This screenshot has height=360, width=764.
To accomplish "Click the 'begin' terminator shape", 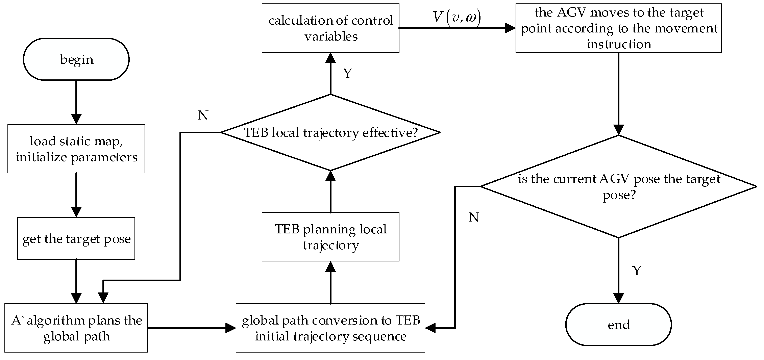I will pyautogui.click(x=76, y=59).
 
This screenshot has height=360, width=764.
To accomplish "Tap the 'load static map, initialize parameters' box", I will pyautogui.click(x=76, y=149).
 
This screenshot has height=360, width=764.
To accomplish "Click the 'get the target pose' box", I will pyautogui.click(x=76, y=238).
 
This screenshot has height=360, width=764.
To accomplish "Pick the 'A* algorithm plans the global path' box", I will pyautogui.click(x=76, y=328).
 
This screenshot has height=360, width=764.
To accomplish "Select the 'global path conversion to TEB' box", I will pyautogui.click(x=330, y=328).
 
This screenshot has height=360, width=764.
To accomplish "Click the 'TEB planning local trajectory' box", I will pyautogui.click(x=330, y=237).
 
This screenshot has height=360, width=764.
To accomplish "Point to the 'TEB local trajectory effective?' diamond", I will pyautogui.click(x=330, y=133).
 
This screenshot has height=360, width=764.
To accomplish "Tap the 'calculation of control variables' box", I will pyautogui.click(x=330, y=28).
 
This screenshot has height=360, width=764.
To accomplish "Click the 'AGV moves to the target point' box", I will pyautogui.click(x=618, y=28).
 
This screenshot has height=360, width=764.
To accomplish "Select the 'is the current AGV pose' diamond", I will pyautogui.click(x=618, y=186).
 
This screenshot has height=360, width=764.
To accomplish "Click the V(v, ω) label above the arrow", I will pyautogui.click(x=457, y=17).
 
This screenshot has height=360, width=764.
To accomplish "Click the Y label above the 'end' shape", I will pyautogui.click(x=637, y=271).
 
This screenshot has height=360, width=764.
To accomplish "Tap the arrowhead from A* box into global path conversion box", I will pyautogui.click(x=230, y=328).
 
